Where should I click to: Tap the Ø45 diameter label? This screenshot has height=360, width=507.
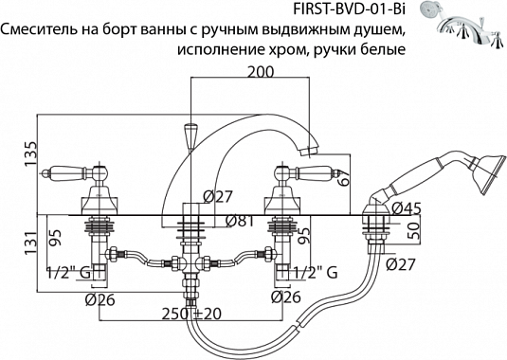401,208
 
